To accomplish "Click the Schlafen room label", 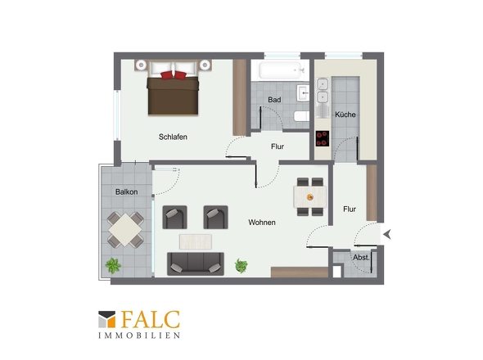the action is (173, 137).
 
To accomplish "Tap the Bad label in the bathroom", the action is (274, 100).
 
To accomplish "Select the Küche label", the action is (345, 115).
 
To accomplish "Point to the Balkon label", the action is (126, 191).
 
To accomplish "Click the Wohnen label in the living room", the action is (262, 223).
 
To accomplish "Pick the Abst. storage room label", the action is (361, 258).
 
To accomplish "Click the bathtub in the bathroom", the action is (280, 70).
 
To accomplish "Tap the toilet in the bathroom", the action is (301, 116).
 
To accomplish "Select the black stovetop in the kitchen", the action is (323, 138).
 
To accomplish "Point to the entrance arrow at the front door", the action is (387, 234).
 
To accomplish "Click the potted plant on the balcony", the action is (113, 265).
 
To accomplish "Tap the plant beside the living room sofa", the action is (241, 265).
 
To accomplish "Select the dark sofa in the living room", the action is (196, 263).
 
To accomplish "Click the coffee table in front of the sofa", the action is (196, 241).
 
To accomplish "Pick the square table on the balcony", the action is (125, 230).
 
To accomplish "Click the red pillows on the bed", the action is (174, 75).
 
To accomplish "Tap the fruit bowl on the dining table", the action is (310, 197).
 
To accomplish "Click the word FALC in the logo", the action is (151, 319).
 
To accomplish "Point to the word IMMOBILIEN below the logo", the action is (139, 335).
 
